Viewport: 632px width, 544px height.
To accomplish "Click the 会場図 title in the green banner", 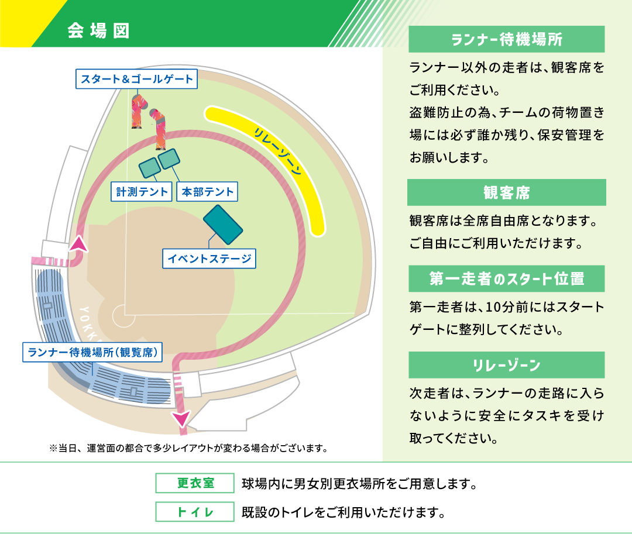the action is pyautogui.click(x=98, y=30).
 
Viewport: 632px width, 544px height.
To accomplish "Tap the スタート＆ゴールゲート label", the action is pyautogui.click(x=136, y=79).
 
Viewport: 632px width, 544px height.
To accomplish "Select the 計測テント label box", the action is pyautogui.click(x=142, y=192).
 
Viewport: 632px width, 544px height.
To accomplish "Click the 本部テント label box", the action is pyautogui.click(x=207, y=192).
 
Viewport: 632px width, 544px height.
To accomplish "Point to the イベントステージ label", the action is pyautogui.click(x=209, y=259).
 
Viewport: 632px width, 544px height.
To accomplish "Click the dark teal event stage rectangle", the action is pyautogui.click(x=223, y=225).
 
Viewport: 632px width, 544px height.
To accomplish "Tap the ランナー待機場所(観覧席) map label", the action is pyautogui.click(x=92, y=352).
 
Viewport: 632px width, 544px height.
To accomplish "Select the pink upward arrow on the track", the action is pyautogui.click(x=78, y=244).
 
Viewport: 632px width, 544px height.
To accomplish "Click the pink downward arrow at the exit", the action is pyautogui.click(x=181, y=419).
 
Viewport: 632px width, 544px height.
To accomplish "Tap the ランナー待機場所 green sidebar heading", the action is pyautogui.click(x=507, y=39).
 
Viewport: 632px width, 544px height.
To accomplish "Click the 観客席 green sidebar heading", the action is pyautogui.click(x=507, y=192).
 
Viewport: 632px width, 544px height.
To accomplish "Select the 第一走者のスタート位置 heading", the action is pyautogui.click(x=507, y=278).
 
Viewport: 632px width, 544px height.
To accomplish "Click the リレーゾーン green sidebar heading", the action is pyautogui.click(x=507, y=364).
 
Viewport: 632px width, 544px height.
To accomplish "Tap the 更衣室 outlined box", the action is pyautogui.click(x=195, y=483).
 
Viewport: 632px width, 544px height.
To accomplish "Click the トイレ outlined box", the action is pyautogui.click(x=195, y=512).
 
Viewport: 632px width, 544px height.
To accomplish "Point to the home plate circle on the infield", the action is pyautogui.click(x=123, y=316).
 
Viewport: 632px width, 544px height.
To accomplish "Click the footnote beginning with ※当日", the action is pyautogui.click(x=188, y=448).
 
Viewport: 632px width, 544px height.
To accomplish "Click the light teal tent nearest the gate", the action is pyautogui.click(x=169, y=159).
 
